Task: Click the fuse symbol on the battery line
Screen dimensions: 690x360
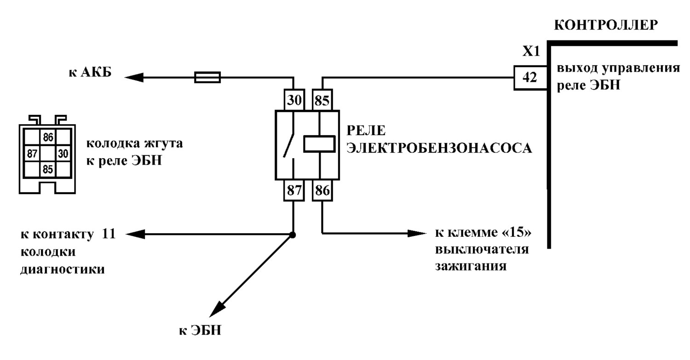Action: (207, 77)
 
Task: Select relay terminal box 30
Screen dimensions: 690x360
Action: (294, 100)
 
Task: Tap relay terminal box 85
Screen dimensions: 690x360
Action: (322, 100)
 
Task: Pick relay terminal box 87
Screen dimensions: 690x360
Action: (294, 190)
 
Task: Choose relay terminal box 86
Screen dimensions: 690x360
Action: (322, 190)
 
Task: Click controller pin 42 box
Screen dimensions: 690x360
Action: (530, 78)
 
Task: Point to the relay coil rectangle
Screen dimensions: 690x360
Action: (319, 144)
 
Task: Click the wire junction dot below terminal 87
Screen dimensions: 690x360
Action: (293, 235)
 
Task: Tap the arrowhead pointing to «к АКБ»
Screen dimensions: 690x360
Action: (134, 77)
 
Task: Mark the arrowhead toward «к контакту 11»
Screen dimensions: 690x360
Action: (136, 234)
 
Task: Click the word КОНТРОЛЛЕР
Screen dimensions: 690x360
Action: (606, 25)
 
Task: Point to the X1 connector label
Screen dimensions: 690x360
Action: (531, 51)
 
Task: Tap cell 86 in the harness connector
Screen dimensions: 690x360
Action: (48, 137)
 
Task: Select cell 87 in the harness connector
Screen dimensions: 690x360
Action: (32, 154)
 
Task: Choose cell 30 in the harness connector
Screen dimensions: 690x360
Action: (63, 154)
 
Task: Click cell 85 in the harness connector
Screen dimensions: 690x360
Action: (48, 169)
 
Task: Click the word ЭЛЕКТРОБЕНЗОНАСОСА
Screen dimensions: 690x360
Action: (439, 148)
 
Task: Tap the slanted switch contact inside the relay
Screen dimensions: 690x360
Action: (288, 145)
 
